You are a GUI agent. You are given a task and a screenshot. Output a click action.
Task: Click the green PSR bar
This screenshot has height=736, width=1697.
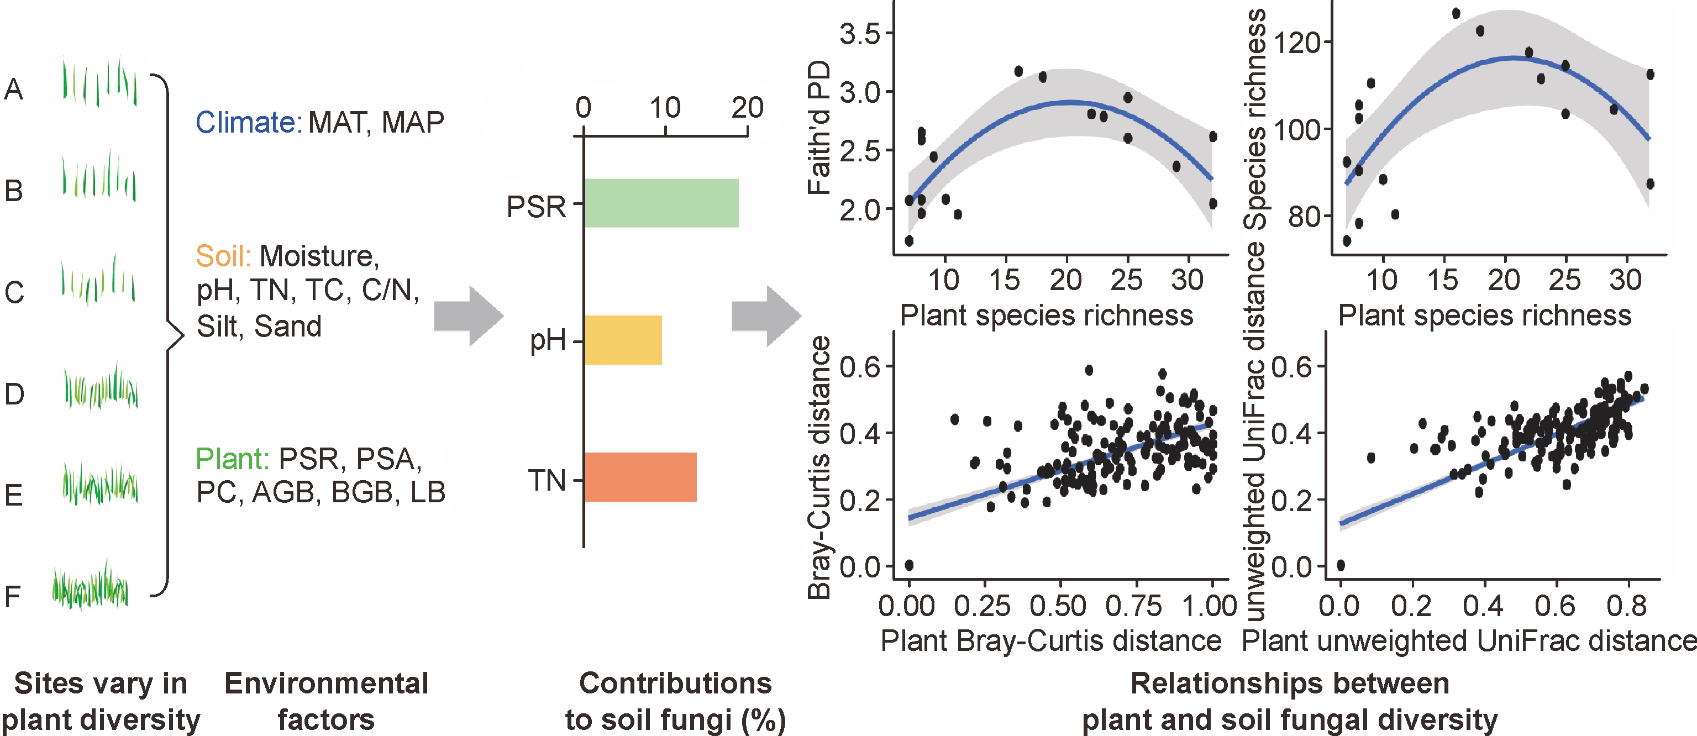point(661,203)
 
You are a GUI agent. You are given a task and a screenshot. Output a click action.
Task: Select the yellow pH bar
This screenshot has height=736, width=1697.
point(623,340)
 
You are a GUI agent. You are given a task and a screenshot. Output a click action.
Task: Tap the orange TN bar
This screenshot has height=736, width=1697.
point(640,477)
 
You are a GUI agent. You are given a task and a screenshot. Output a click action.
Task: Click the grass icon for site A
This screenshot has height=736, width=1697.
point(99,82)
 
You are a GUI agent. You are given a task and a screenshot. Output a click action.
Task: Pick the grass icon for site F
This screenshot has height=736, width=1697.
point(90,586)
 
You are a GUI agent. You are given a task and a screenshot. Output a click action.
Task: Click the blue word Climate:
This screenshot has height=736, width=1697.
point(248,123)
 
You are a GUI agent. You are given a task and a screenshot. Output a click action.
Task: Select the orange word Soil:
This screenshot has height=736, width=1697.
point(223,256)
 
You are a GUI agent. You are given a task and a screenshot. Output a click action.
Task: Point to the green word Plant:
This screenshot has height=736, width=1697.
point(233,459)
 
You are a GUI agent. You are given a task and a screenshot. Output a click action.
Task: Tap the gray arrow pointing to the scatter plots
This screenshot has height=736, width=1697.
point(766,316)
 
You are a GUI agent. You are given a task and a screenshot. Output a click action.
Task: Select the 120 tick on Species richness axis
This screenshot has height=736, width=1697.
point(1297,44)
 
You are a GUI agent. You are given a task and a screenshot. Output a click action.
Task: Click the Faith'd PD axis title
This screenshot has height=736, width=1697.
point(819,129)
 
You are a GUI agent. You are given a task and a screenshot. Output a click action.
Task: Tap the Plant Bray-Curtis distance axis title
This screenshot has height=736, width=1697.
point(1050,640)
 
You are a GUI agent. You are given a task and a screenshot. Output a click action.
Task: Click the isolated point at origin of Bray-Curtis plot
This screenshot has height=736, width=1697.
point(909,565)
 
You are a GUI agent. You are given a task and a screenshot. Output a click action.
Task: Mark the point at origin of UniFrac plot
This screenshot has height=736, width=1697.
point(1340,565)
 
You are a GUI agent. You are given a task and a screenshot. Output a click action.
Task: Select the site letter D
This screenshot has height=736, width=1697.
point(14,394)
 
